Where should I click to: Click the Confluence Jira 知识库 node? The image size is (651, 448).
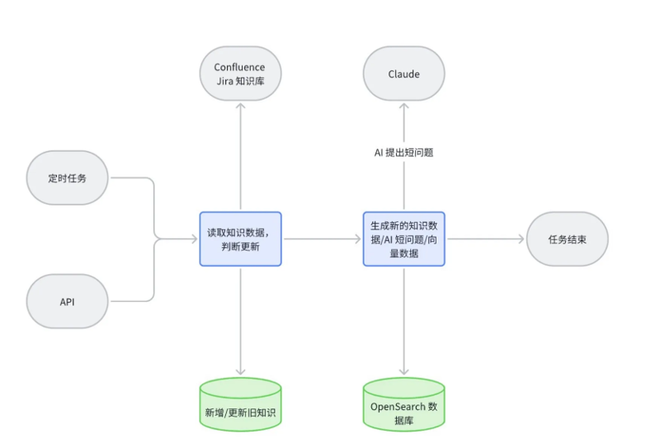(x=239, y=73)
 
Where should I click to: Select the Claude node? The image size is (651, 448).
(x=403, y=73)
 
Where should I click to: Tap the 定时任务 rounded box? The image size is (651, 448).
(x=67, y=177)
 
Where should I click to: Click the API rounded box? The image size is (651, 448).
(x=67, y=301)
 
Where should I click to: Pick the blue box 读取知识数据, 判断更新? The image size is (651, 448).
(x=239, y=238)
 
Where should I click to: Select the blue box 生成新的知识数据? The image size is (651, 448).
(x=403, y=238)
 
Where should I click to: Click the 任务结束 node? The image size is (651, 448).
(x=567, y=238)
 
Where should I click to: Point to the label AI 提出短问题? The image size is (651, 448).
(x=403, y=153)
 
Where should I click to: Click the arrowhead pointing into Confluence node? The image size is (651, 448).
(x=239, y=106)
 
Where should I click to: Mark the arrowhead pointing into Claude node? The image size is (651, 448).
(x=403, y=106)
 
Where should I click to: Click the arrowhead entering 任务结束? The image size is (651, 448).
(x=521, y=238)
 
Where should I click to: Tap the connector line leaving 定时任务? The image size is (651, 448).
(x=132, y=177)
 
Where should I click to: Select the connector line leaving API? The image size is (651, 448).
(x=132, y=301)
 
